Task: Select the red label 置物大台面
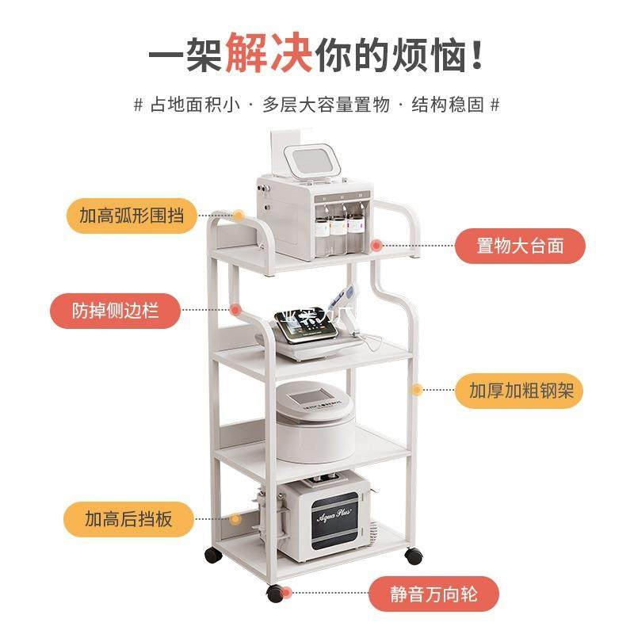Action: click(x=519, y=246)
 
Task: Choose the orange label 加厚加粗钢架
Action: click(x=519, y=391)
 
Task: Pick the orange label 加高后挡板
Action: click(x=128, y=520)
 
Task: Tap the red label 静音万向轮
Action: click(x=434, y=593)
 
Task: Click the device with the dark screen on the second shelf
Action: click(x=313, y=329)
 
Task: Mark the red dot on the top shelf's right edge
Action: click(x=377, y=246)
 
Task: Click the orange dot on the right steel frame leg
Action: click(x=415, y=390)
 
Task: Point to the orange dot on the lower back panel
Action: click(x=235, y=519)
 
